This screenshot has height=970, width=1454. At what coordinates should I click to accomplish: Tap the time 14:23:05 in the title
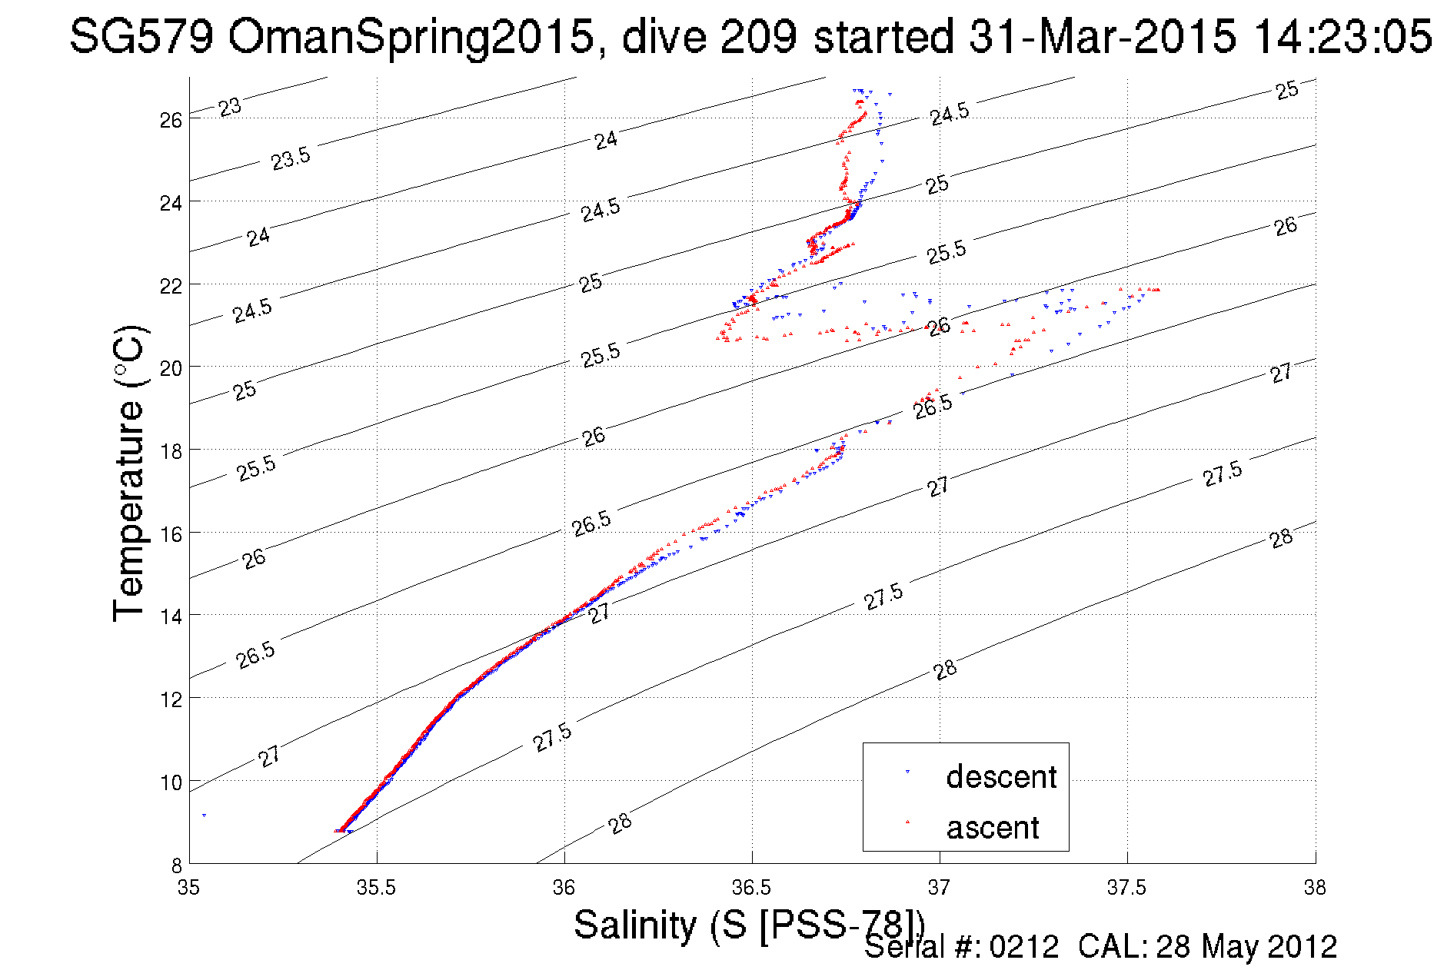point(1343,36)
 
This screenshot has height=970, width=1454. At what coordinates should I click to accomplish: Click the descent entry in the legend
point(1000,776)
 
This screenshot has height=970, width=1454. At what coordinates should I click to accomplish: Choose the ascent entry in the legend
point(992,827)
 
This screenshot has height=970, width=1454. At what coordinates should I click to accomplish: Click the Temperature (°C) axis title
point(128,474)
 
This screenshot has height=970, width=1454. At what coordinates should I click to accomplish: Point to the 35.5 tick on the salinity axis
point(376,888)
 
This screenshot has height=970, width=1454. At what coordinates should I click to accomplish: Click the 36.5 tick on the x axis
point(751,888)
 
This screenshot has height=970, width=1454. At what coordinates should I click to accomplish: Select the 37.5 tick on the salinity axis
point(1126,888)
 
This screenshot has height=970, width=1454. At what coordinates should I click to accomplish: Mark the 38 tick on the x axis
point(1315,888)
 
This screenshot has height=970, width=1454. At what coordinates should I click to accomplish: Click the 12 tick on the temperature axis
point(171,699)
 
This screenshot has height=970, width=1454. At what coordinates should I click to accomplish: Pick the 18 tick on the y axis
point(171,450)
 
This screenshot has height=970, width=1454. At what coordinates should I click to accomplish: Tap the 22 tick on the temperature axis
point(171,285)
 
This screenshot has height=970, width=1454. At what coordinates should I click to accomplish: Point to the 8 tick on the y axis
point(176,864)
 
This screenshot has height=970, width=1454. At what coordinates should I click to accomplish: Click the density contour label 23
point(229,107)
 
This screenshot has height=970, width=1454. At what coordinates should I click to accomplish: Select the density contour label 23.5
point(291,158)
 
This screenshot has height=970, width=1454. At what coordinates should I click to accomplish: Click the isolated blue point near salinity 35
point(204,815)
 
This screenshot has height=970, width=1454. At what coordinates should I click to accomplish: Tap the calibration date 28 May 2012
point(1246,947)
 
